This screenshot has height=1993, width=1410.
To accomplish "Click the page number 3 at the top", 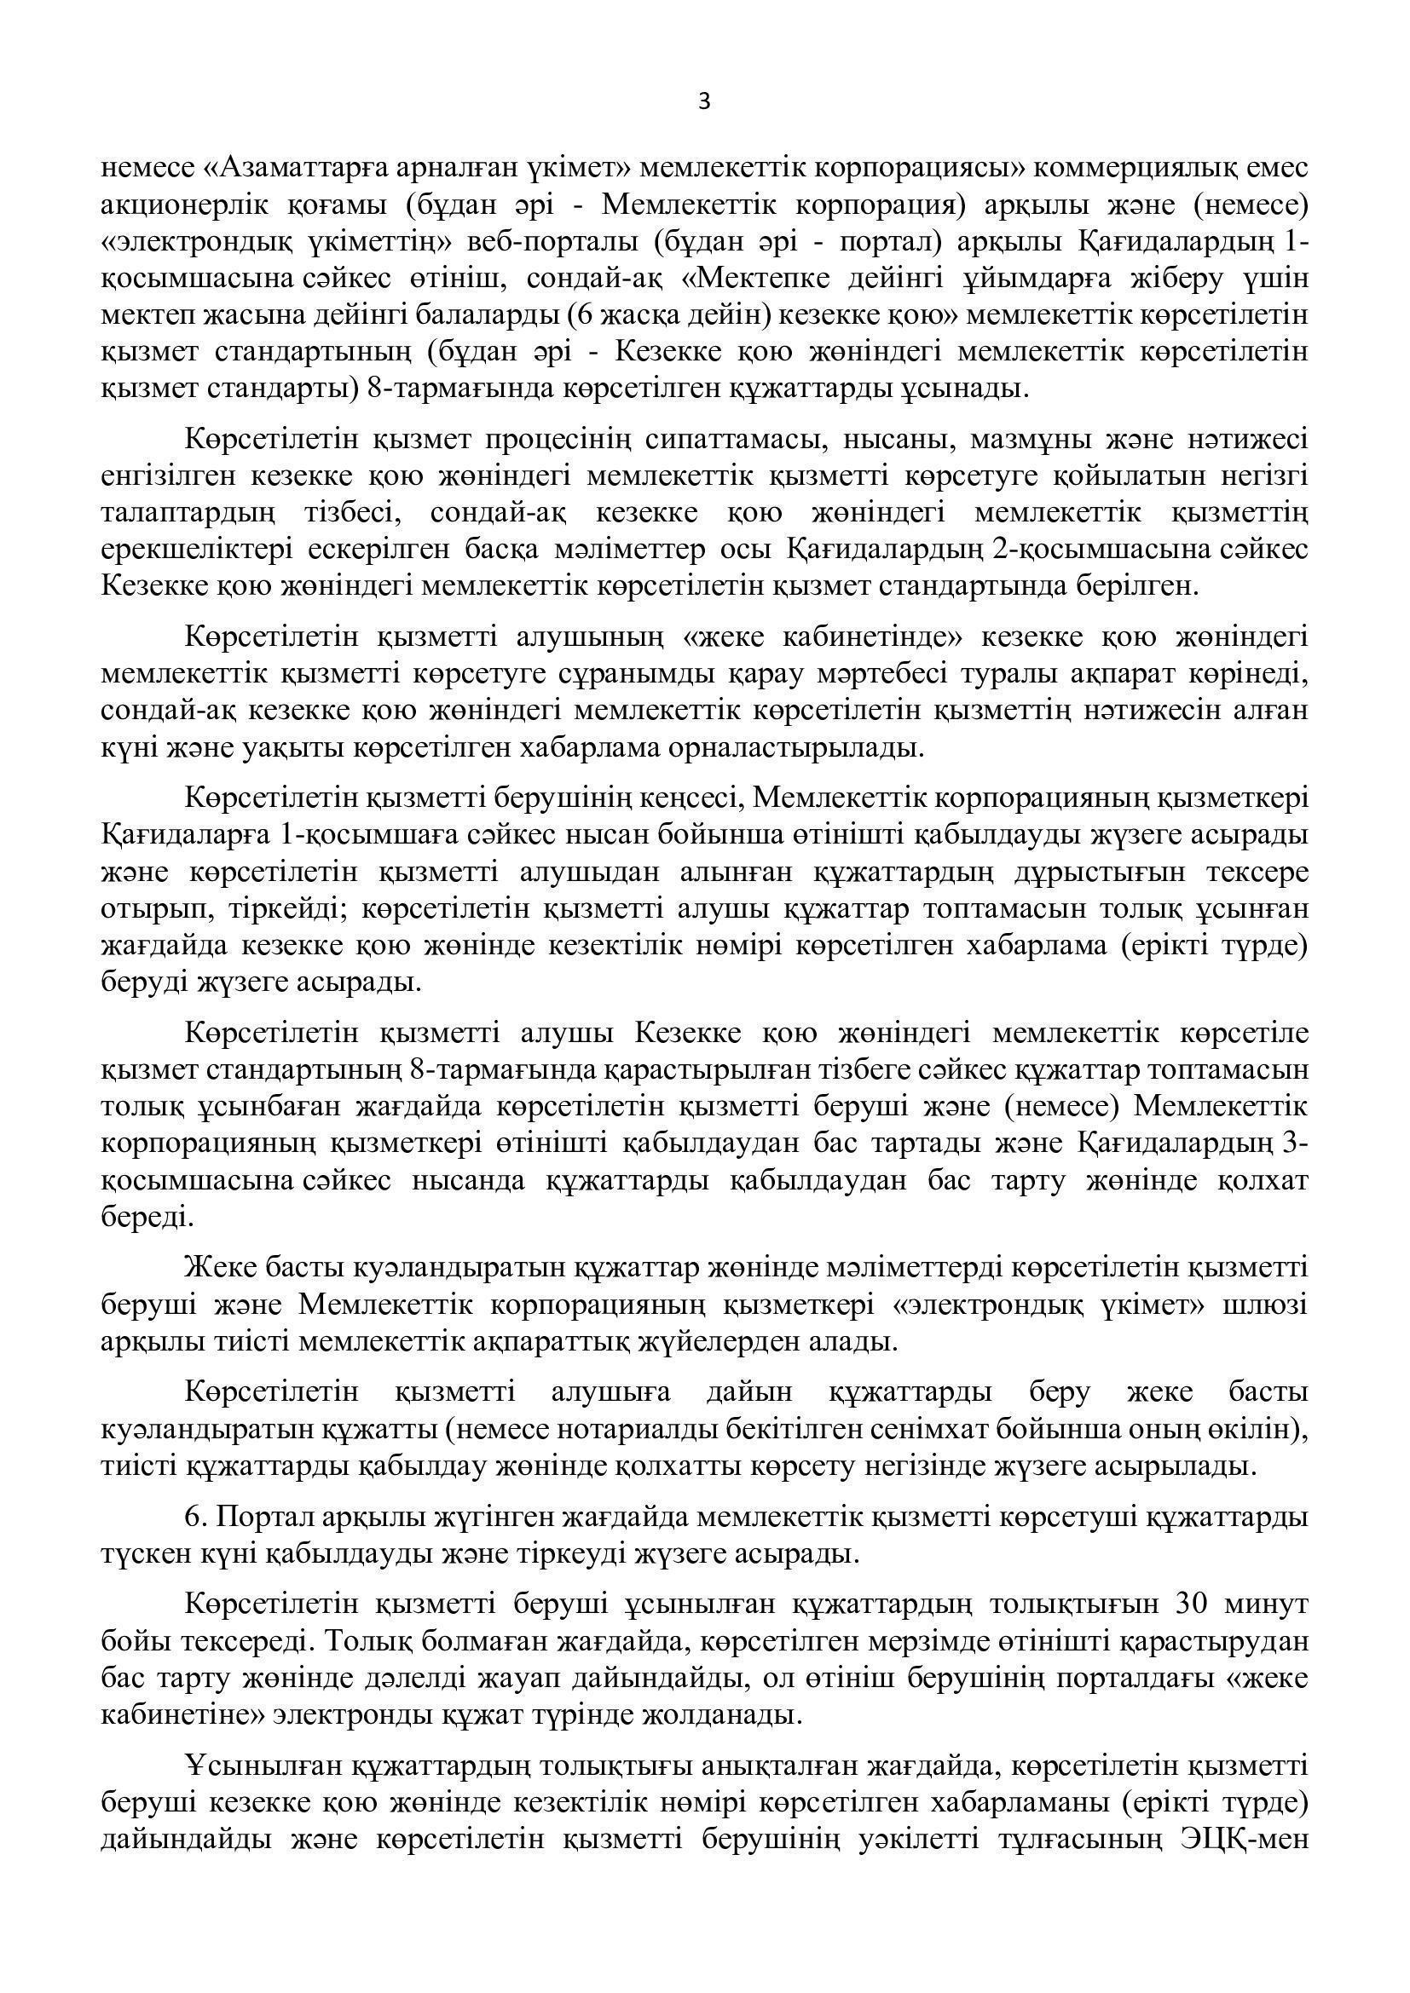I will pos(704,102).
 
